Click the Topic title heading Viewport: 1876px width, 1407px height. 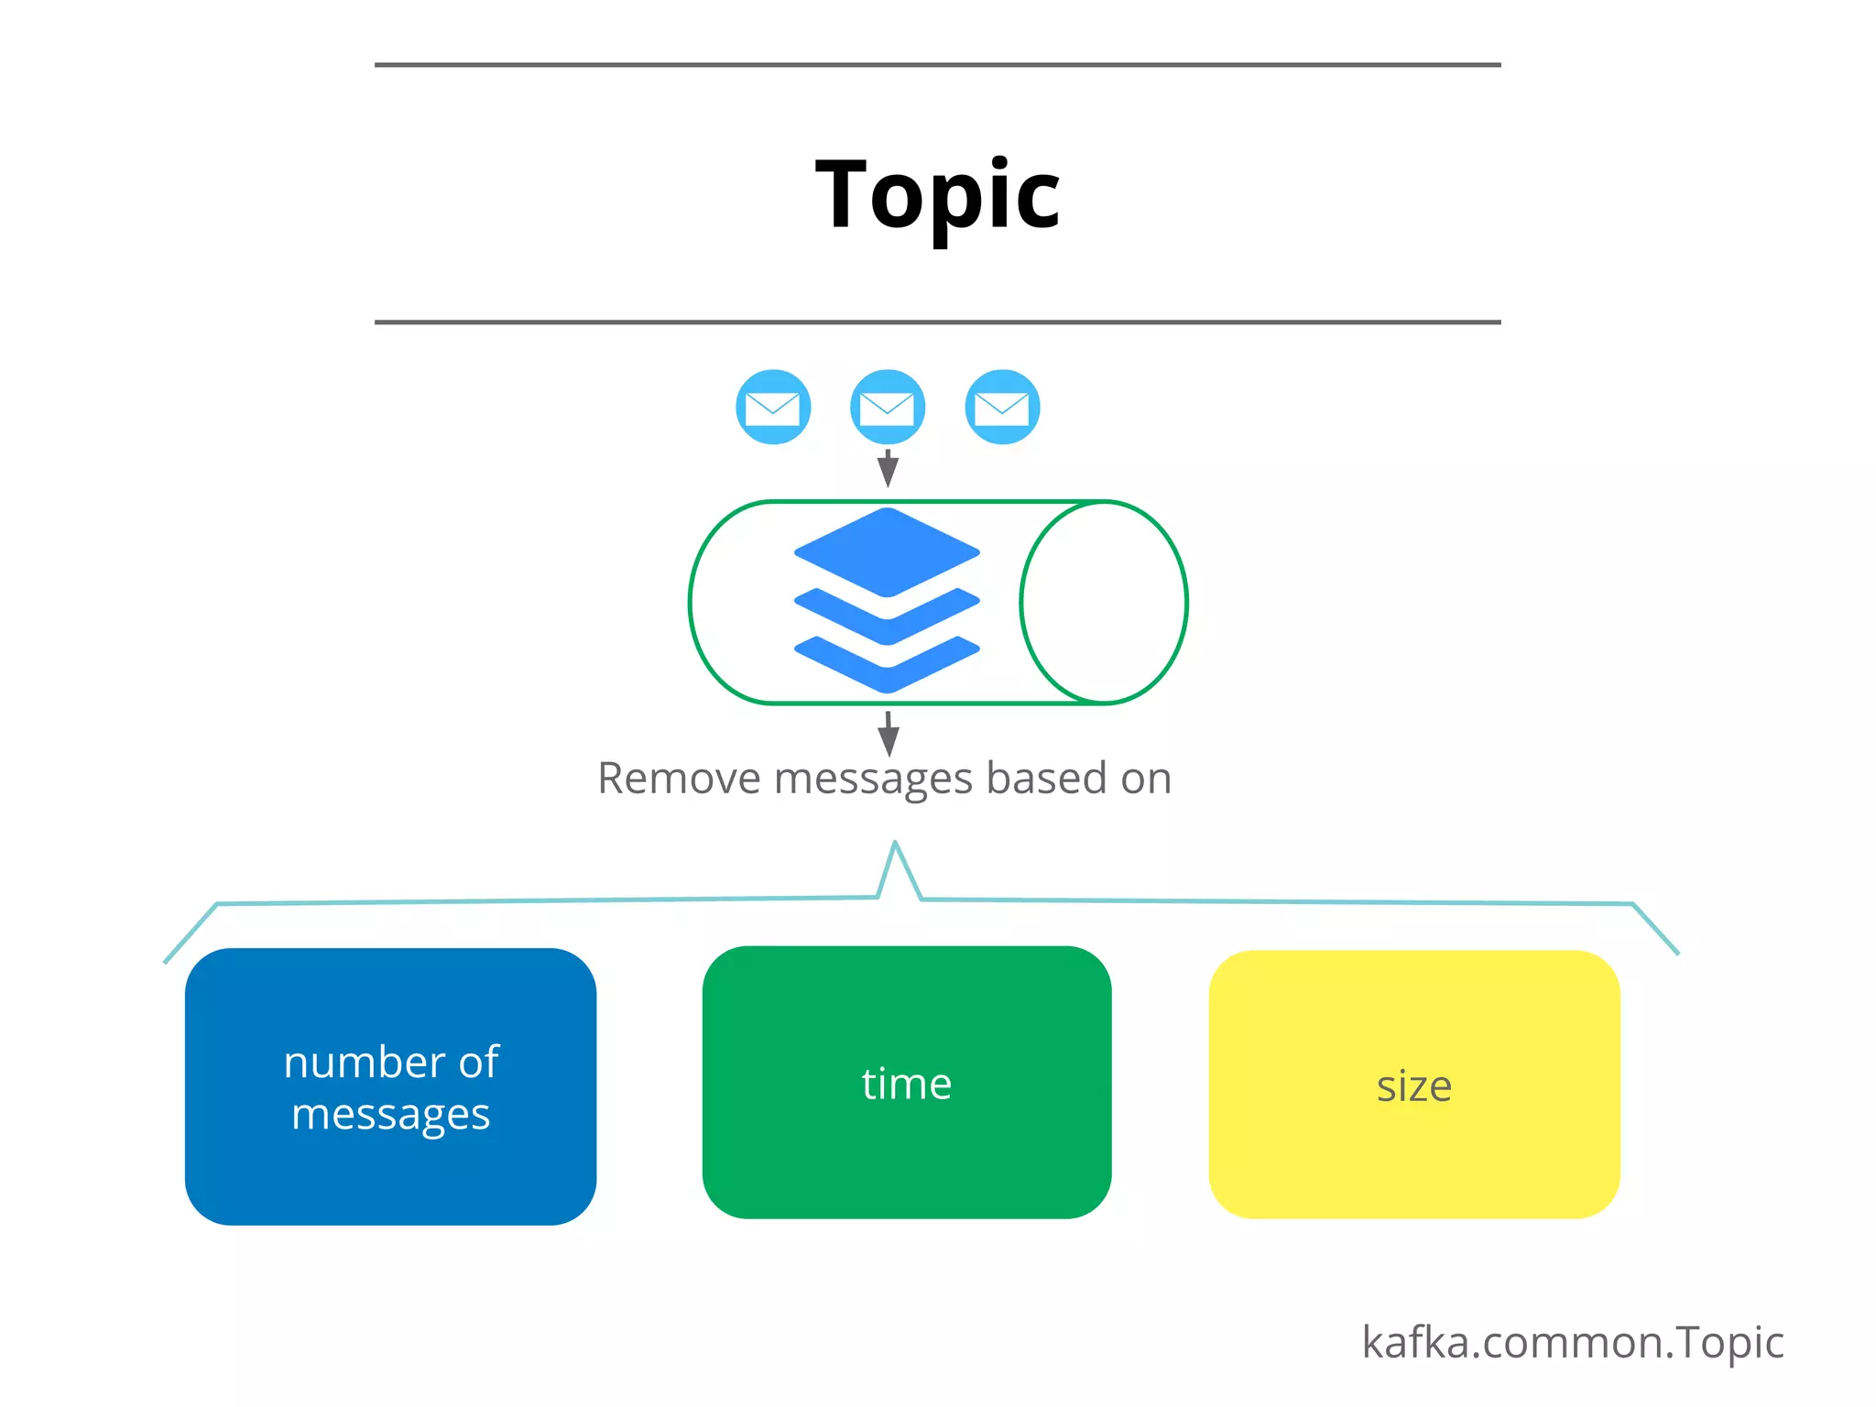coord(937,194)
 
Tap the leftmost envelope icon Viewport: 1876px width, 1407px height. coord(773,407)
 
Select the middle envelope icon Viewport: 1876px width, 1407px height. coord(888,407)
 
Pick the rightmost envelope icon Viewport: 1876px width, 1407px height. coord(1002,407)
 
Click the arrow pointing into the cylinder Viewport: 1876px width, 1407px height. coord(888,469)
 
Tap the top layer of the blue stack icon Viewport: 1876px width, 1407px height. coord(887,551)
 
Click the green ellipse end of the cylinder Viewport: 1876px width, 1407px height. coord(1104,602)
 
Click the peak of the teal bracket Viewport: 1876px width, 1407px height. coord(895,846)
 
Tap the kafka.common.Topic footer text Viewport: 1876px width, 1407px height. coord(1572,1343)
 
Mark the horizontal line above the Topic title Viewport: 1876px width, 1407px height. coord(937,65)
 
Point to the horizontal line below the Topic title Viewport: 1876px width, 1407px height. coord(937,322)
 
